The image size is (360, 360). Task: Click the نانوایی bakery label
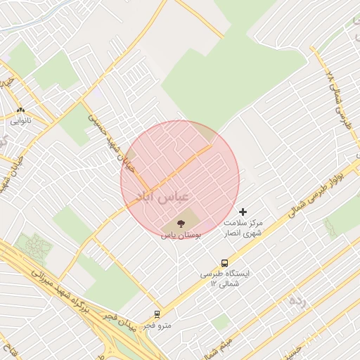click(x=20, y=121)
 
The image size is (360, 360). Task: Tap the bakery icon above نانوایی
click(x=20, y=110)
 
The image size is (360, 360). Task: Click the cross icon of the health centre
click(x=243, y=212)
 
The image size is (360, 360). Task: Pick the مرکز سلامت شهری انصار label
click(x=243, y=226)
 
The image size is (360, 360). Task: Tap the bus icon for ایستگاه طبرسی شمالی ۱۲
click(x=225, y=263)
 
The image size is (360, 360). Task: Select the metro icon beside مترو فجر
click(x=157, y=314)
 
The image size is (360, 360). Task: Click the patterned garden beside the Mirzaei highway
click(x=32, y=245)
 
